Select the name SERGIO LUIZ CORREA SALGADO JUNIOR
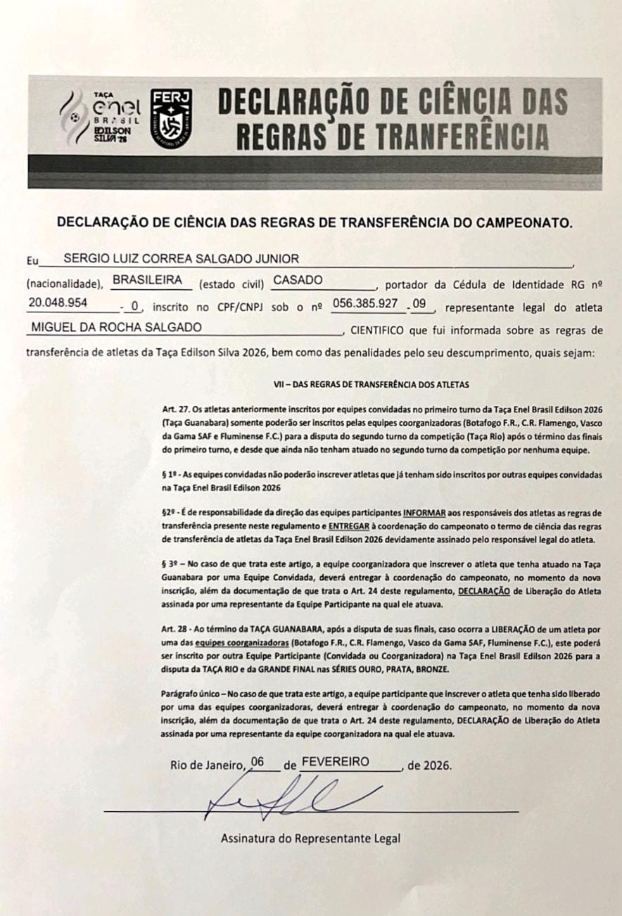[x=182, y=258]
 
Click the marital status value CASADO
[x=298, y=280]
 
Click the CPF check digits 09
[x=421, y=303]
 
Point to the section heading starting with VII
[x=371, y=385]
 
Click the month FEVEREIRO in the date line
[x=335, y=762]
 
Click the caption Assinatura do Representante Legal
[x=310, y=839]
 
